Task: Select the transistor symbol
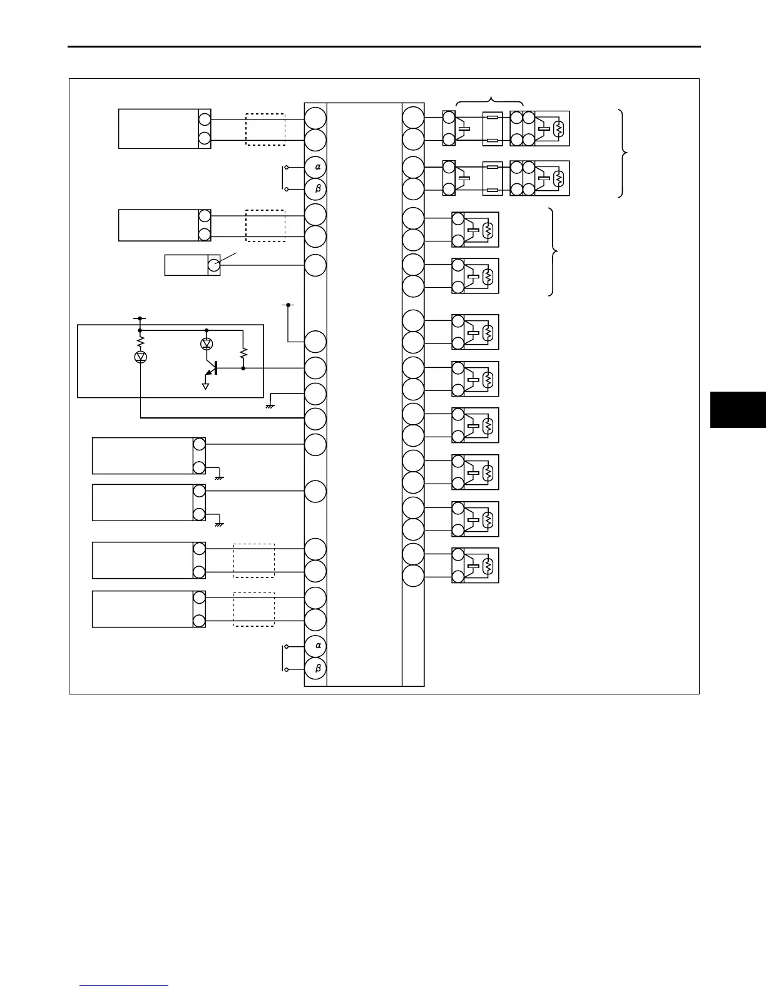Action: coord(213,368)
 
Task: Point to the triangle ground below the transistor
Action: coord(205,386)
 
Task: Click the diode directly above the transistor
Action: coord(207,343)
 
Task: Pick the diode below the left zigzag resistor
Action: coord(141,357)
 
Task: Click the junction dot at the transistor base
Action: coord(243,368)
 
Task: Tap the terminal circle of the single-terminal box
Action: coord(213,265)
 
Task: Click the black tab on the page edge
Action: coord(738,410)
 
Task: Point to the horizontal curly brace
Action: coord(490,101)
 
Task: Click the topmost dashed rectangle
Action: coord(265,130)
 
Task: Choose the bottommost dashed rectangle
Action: coord(254,609)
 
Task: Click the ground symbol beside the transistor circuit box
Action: coord(271,405)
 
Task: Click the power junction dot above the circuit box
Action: coord(140,318)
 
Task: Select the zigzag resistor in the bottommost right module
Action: coord(489,566)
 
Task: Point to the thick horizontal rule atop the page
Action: coord(384,46)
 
